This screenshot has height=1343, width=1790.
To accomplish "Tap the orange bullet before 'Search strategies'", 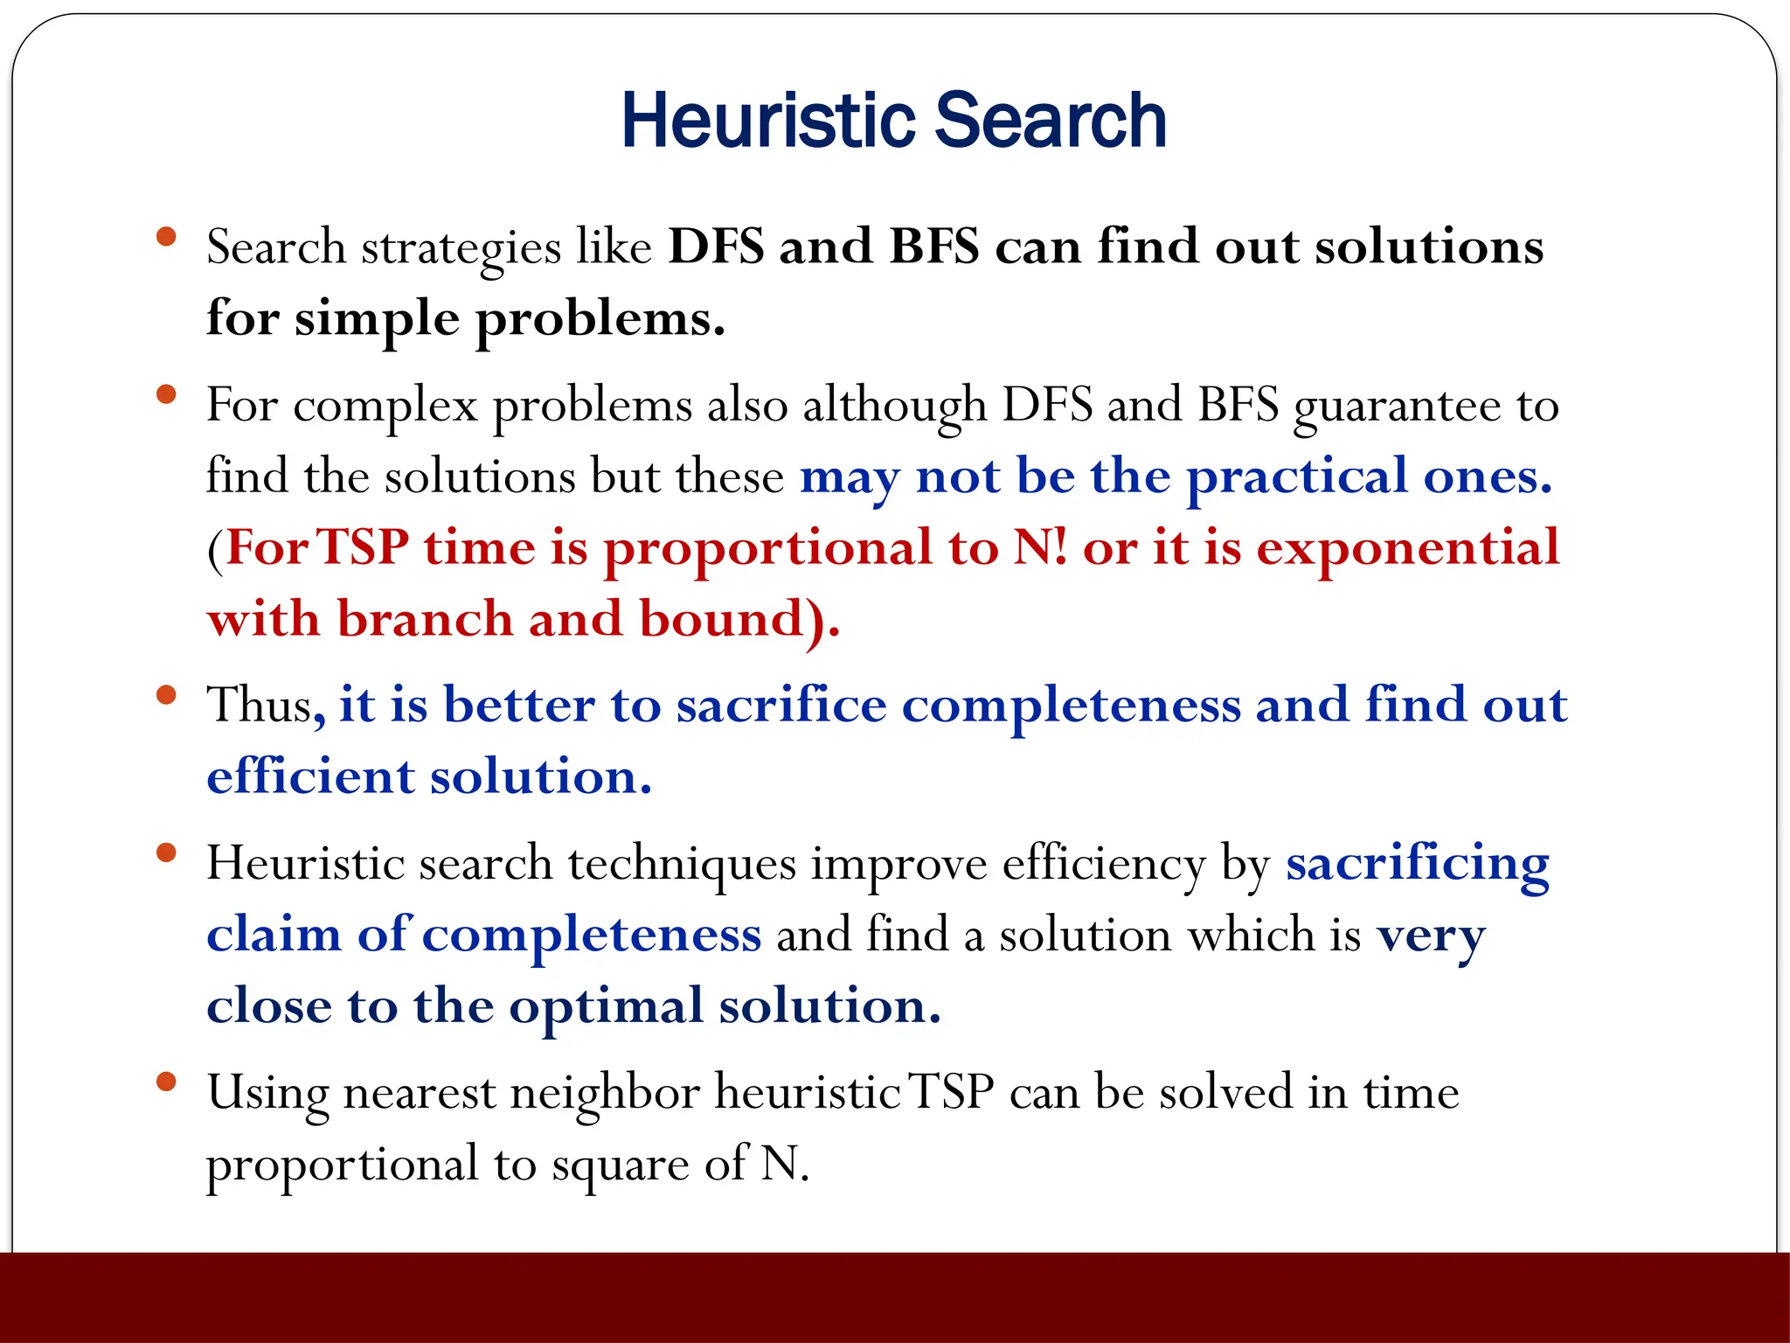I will (166, 237).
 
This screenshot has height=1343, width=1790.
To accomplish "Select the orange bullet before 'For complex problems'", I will (166, 395).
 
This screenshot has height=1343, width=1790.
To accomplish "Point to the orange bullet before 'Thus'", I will (166, 695).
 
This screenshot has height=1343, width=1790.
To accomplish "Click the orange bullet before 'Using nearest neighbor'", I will (166, 1082).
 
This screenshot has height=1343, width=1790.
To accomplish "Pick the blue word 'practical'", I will (1296, 478).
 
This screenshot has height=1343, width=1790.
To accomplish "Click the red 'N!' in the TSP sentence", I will (1040, 548).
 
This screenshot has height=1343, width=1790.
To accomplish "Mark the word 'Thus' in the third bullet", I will (260, 705).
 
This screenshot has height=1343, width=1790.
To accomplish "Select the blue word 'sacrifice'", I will (781, 705).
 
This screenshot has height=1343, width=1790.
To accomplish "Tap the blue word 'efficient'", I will (309, 776).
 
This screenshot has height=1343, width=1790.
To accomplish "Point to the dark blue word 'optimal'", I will (606, 1007).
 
